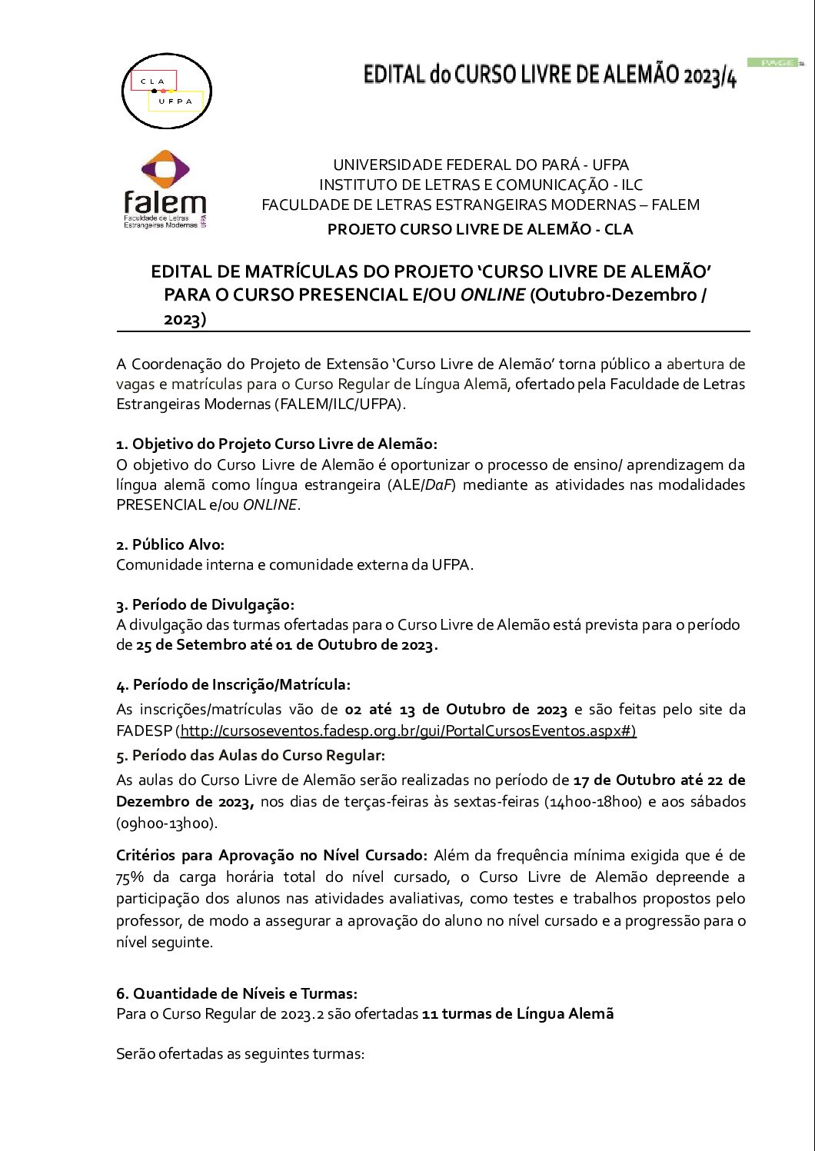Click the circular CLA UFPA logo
167,91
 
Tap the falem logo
165,189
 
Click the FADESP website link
408,730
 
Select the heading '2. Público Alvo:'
170,544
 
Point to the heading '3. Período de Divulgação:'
205,604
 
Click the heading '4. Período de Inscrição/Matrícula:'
233,684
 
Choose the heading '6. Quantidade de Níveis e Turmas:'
237,993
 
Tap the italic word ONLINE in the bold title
493,294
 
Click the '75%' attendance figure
130,877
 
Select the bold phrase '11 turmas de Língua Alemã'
518,1013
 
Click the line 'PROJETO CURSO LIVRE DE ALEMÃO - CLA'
480,229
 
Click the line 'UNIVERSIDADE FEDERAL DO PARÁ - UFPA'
481,165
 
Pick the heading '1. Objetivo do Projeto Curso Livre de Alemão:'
277,444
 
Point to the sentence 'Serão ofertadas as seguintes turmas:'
240,1053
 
